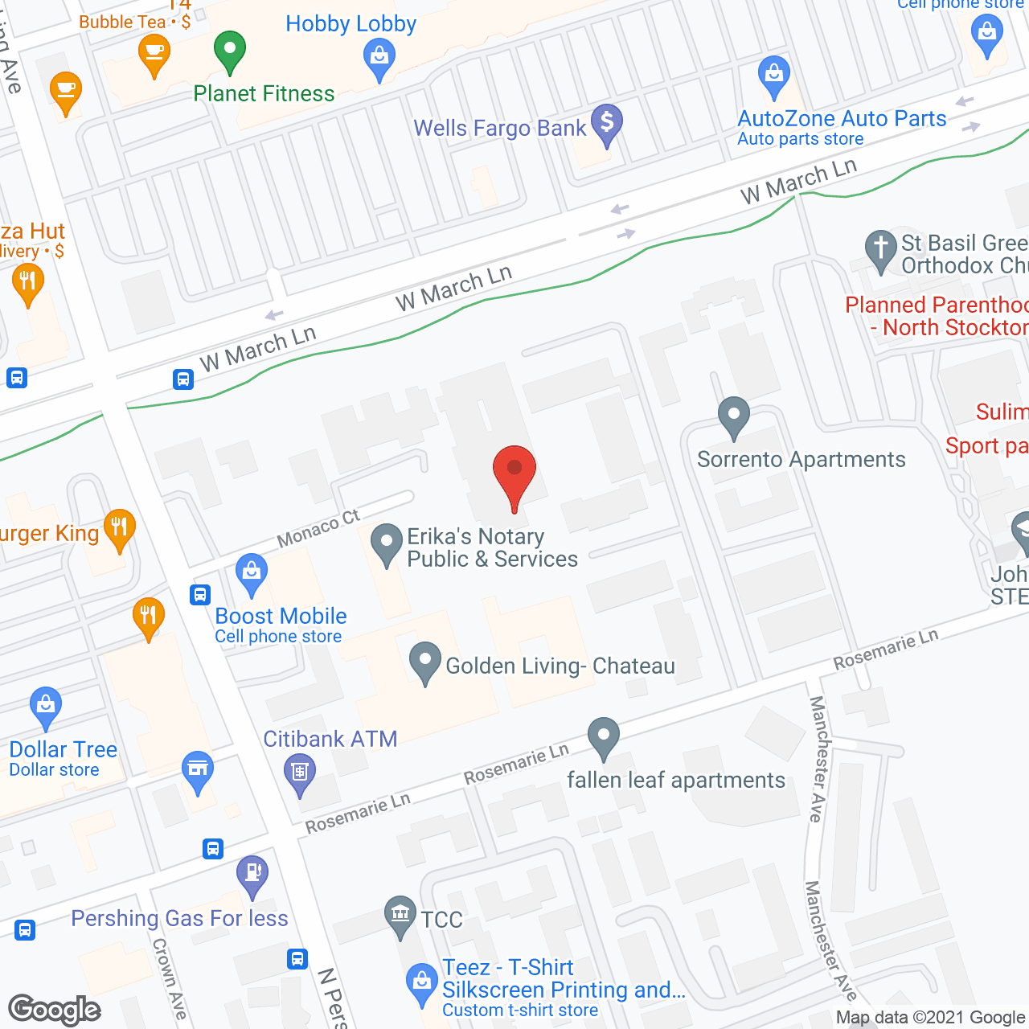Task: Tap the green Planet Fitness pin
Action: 230,50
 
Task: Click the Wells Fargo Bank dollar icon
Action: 607,123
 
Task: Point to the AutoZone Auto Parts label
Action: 842,119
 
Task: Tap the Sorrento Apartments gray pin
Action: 733,416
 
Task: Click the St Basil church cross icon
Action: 880,248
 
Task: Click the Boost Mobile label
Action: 281,617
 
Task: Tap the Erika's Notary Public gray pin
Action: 387,543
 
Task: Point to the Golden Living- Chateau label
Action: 560,666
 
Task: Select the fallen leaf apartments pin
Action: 603,736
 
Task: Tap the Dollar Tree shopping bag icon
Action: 46,705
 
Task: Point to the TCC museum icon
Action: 400,914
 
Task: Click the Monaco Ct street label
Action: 318,529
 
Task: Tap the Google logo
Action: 55,1010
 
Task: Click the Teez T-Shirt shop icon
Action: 421,982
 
